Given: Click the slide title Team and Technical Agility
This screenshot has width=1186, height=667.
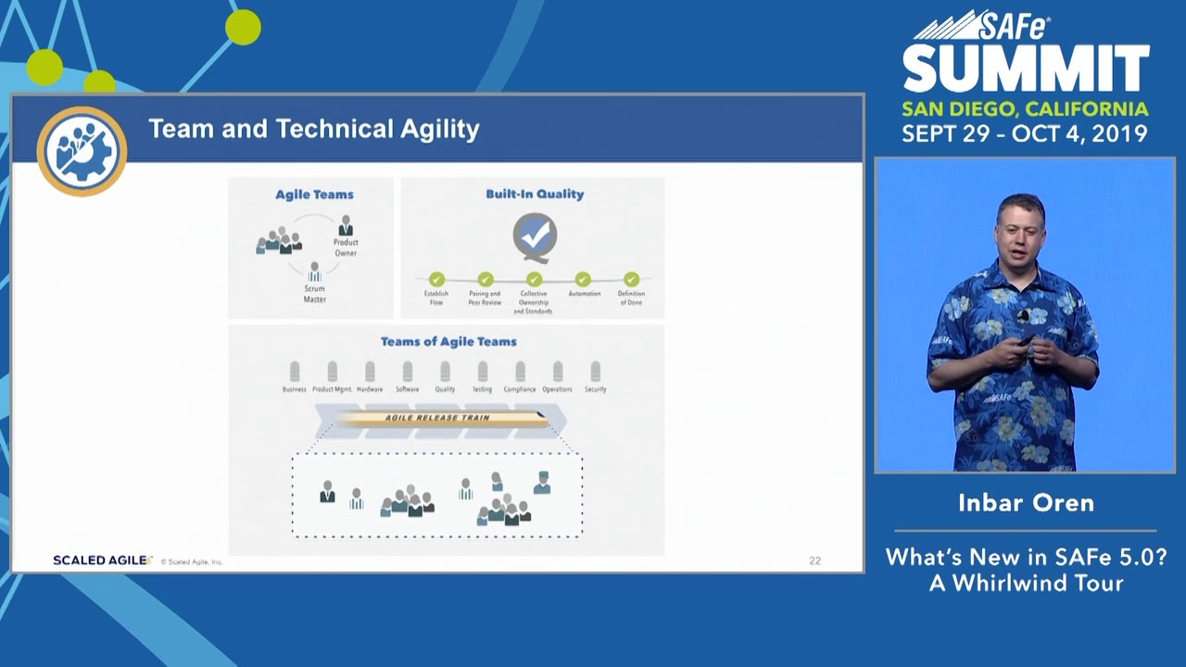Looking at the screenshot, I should coord(313,129).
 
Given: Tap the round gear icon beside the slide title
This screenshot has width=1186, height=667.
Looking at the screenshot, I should coord(82,151).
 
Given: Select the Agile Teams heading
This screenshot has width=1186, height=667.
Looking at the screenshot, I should coord(314,195).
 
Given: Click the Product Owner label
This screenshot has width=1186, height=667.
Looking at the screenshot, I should coord(346,247).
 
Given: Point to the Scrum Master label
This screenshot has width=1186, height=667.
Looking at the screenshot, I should coord(314,294).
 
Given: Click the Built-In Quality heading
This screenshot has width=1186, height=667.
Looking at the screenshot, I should coord(535,195).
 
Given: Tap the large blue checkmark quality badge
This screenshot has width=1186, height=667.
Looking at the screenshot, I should coord(535,237).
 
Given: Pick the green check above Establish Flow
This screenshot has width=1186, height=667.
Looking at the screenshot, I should coord(436,279).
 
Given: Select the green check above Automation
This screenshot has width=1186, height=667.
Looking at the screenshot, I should coord(583,279).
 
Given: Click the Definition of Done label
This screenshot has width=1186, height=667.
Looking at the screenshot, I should coord(631,298).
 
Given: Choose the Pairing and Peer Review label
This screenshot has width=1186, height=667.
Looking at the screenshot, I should coord(485,298).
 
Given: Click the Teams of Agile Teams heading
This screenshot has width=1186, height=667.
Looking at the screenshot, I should coord(448,342).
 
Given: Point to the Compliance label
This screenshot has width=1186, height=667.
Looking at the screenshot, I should coord(520,390).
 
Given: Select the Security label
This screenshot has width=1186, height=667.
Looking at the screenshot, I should coord(595,390).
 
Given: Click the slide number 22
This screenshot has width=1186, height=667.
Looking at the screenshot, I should coord(814,560).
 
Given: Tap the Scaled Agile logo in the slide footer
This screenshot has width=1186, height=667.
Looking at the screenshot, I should coord(102,560).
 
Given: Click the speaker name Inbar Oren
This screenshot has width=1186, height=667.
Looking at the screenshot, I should coord(1026,503).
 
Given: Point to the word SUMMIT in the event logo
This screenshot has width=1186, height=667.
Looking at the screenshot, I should coord(1026,70).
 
